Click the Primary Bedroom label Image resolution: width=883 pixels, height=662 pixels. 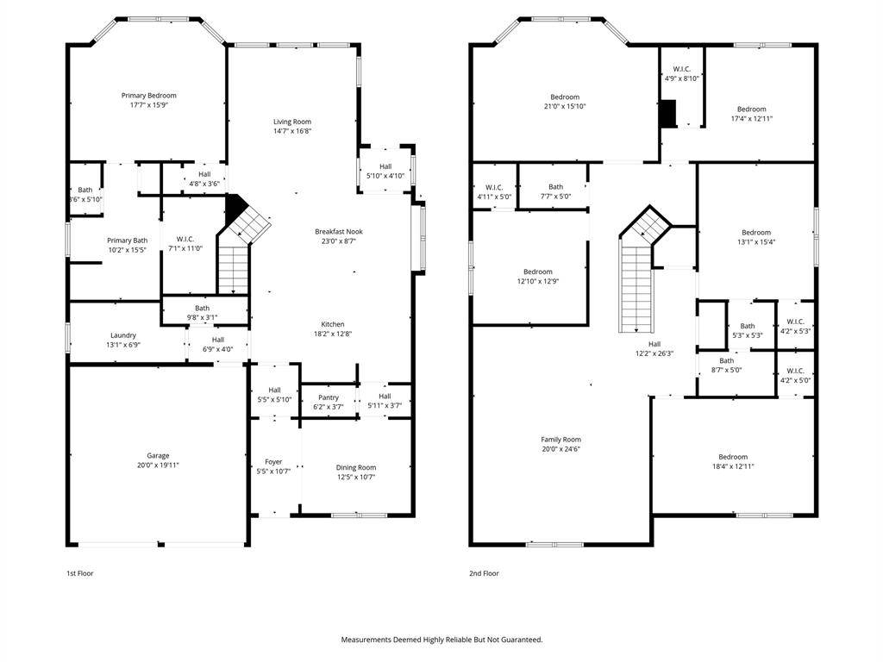coord(148,96)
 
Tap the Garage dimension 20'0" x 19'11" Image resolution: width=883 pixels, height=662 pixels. coord(157,465)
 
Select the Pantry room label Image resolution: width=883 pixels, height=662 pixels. coord(328,397)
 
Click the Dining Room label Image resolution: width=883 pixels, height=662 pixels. coord(356,467)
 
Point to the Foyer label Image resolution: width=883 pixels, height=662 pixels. coord(273,462)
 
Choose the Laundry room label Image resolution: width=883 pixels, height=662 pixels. coord(122,335)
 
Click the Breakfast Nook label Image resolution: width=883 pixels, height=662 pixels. coord(338,231)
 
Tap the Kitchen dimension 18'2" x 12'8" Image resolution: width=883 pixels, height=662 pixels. coord(332,334)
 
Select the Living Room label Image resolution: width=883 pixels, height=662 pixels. coord(291,122)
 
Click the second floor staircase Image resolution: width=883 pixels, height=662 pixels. coord(636,284)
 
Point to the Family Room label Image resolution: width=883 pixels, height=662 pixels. coord(560,439)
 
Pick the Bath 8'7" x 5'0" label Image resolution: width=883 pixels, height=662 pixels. coord(726,361)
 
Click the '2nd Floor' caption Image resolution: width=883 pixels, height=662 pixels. coord(484,573)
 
